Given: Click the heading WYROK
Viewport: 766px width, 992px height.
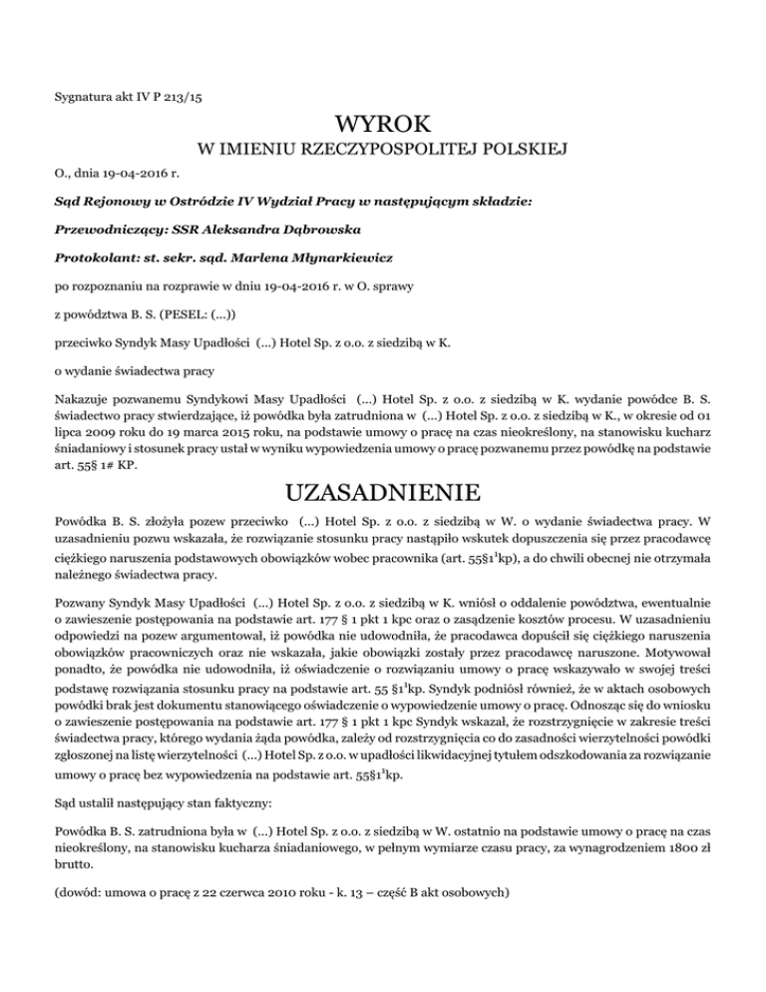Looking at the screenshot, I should (383, 126).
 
